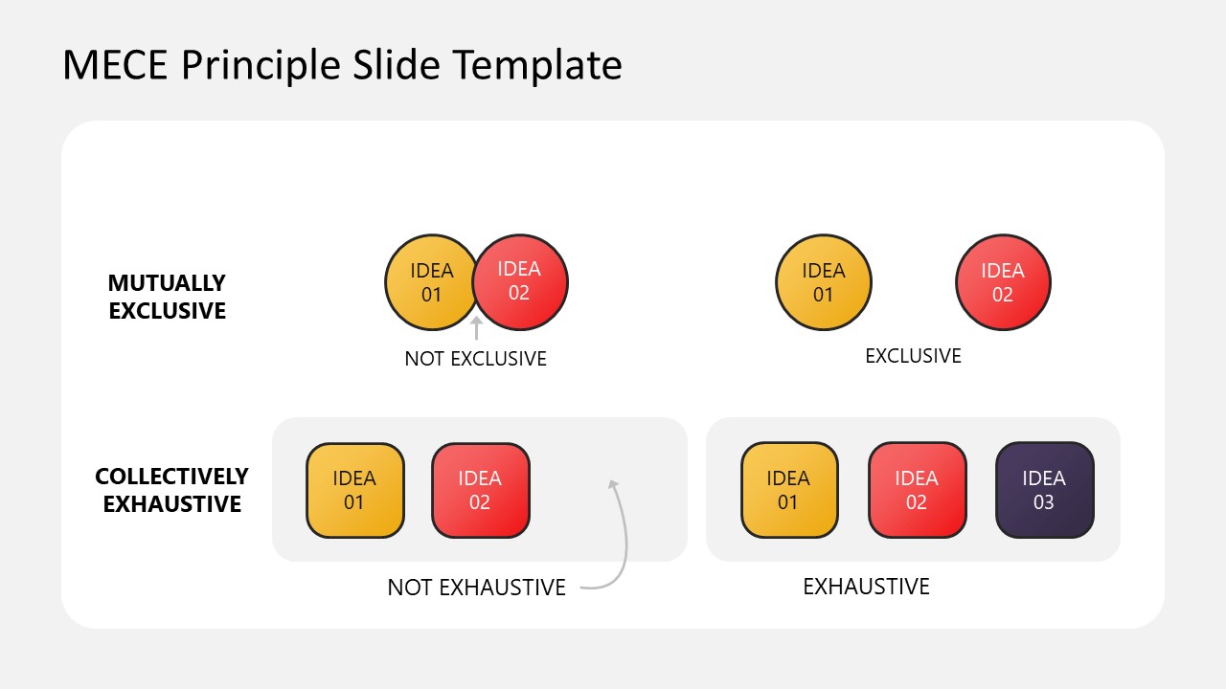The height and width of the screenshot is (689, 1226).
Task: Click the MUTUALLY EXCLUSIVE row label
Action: pos(167,297)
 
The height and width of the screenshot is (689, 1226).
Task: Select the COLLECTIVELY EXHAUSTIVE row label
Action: pos(171,490)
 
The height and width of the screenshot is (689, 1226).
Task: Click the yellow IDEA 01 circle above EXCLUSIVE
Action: pos(823,282)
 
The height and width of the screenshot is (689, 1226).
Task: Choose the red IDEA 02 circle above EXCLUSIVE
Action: pos(1003,282)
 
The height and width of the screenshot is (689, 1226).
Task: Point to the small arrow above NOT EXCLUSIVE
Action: pos(476,328)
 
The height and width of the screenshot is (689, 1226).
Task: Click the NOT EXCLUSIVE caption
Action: pos(475,359)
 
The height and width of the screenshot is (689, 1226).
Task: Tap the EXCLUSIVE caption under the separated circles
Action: pos(913,356)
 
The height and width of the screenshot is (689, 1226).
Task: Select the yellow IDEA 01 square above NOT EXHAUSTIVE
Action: pos(354,490)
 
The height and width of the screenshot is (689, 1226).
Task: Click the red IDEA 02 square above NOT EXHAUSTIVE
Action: pos(480,490)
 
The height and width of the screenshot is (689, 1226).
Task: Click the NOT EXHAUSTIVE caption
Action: pos(476,587)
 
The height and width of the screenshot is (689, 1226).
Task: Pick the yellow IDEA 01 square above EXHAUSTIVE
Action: pos(788,490)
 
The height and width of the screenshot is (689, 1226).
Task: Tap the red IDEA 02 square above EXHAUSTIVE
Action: pos(917,490)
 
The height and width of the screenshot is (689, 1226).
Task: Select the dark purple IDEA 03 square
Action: pos(1044,490)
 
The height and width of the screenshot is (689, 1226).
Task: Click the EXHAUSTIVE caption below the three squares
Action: pos(866,586)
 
